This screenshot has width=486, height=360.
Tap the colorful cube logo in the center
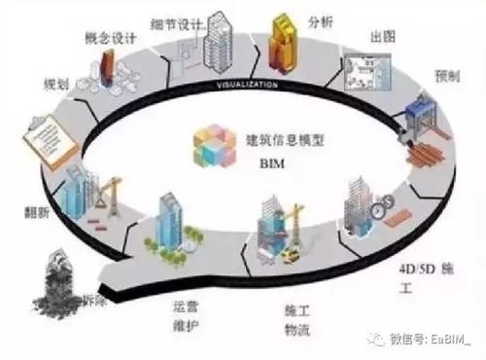point(214,150)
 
